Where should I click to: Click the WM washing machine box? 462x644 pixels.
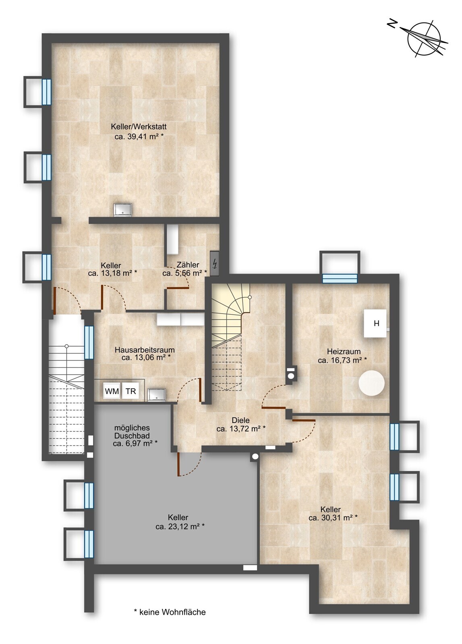click(112, 391)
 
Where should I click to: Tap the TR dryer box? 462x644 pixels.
click(131, 391)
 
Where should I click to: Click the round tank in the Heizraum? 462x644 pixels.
click(371, 383)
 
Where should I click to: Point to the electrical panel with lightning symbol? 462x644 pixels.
click(215, 263)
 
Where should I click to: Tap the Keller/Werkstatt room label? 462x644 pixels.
click(139, 126)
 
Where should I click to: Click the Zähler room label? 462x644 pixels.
click(188, 265)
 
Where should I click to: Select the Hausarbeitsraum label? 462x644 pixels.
click(145, 350)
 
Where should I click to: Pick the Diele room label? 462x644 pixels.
click(241, 420)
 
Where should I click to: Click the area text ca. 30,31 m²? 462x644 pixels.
click(333, 518)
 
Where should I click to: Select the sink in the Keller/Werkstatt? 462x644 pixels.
click(123, 209)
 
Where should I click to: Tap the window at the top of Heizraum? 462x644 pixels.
click(340, 278)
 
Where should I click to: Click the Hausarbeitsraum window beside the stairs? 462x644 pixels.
click(89, 343)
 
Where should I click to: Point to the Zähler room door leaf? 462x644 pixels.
click(176, 288)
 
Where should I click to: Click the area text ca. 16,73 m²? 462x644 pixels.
click(342, 360)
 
